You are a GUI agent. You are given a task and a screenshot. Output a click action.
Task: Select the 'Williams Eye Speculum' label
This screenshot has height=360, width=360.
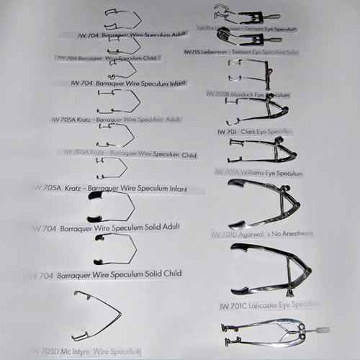pos(258,173)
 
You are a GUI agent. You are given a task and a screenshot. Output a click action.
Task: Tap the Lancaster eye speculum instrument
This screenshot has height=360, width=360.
pos(270,270)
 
